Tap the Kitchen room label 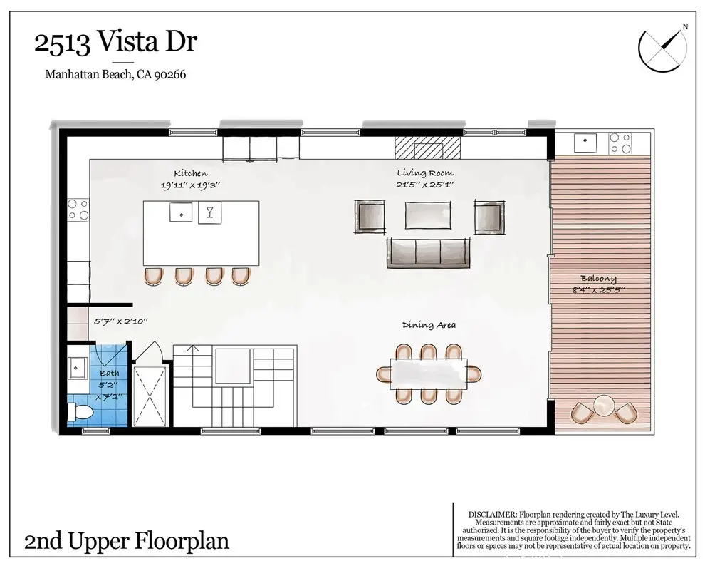(191, 173)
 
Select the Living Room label (425, 173)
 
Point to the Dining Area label (429, 325)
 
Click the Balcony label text (598, 279)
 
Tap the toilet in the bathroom (80, 412)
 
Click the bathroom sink (78, 368)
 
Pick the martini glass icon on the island (209, 212)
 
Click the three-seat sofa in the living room (429, 253)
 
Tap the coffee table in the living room (427, 215)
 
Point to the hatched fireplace (427, 148)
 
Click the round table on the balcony (604, 406)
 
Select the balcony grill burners (620, 143)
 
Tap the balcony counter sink (585, 143)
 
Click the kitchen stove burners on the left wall (78, 210)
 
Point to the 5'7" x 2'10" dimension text (120, 321)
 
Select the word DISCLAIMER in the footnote (492, 514)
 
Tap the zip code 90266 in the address (170, 74)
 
